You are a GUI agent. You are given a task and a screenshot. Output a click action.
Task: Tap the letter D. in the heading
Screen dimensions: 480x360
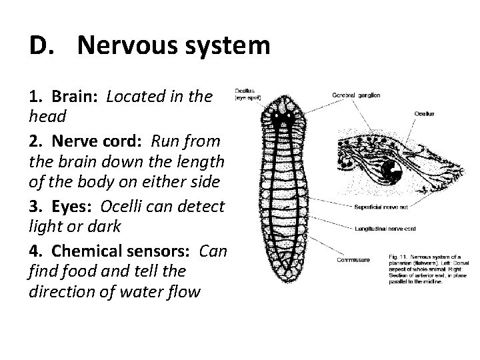41,47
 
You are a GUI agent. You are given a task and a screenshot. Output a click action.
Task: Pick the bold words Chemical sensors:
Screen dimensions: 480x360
122,251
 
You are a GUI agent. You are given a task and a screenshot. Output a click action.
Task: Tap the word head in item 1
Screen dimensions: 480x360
47,117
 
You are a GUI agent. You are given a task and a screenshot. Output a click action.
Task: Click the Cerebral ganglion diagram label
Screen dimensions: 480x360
356,95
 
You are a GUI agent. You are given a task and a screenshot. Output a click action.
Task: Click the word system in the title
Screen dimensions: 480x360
227,47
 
